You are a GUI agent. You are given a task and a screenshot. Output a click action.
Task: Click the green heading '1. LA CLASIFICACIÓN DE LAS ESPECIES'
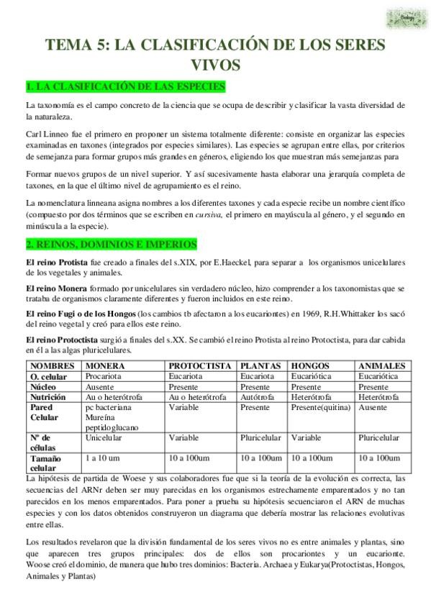pyautogui.click(x=125, y=87)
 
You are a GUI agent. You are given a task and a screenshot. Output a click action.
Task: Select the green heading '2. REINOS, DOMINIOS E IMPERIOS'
pyautogui.click(x=110, y=245)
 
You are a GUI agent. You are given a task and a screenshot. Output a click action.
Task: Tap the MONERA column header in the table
pyautogui.click(x=105, y=366)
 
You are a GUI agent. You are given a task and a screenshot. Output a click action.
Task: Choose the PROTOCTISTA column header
pyautogui.click(x=200, y=366)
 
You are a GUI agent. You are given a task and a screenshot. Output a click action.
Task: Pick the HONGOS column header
pyautogui.click(x=310, y=366)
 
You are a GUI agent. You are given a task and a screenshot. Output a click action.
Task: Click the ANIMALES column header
pyautogui.click(x=381, y=366)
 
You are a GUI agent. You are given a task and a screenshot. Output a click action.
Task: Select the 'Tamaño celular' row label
pyautogui.click(x=46, y=463)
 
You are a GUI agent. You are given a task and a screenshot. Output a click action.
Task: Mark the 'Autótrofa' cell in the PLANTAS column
pyautogui.click(x=255, y=397)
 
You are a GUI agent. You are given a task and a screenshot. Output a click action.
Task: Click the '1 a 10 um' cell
pyautogui.click(x=103, y=457)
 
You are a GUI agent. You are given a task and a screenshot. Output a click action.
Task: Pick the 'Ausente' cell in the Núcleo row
pyautogui.click(x=101, y=386)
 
